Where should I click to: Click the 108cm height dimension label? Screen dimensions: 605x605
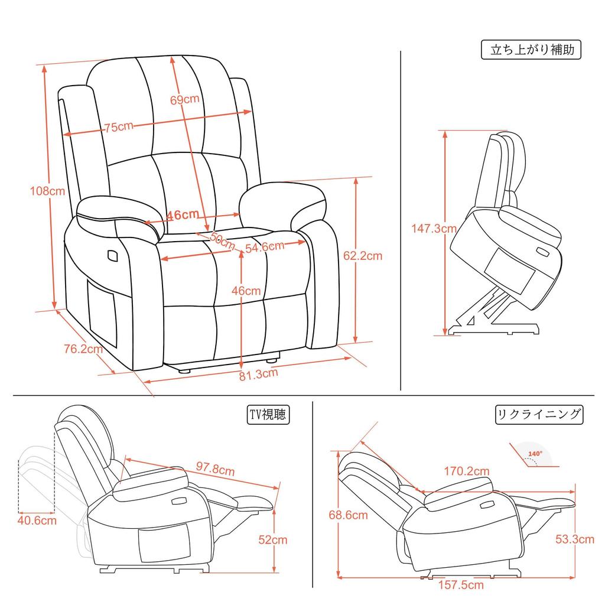48,191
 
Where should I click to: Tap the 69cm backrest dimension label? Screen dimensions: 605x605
184,99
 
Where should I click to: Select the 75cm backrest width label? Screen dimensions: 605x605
119,126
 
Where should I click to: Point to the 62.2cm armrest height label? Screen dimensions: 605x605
363,256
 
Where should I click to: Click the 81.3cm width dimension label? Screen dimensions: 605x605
258,373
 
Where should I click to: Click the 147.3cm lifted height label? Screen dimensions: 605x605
434,229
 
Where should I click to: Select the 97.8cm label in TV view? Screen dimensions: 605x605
216,470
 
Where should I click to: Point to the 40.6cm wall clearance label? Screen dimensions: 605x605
37,521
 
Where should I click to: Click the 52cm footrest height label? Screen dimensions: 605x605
273,539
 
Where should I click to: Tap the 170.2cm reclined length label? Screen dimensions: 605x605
467,471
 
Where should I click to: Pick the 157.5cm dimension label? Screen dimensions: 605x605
461,586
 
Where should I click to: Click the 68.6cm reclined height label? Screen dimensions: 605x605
348,515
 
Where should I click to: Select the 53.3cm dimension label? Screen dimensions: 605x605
575,539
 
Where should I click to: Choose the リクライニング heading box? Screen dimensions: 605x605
538,414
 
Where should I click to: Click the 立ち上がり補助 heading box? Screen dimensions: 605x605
532,50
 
